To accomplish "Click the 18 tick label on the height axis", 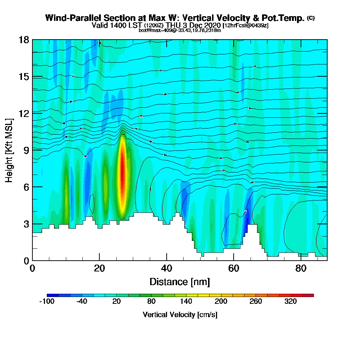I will [24, 40].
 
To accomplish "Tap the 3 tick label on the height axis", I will [26, 224].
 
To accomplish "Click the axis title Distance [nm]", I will [180, 282].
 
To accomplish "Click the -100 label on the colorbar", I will [46, 302].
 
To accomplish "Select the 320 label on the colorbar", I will [291, 302].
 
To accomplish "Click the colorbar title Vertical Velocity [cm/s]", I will [180, 315].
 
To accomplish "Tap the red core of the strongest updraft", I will [122, 173].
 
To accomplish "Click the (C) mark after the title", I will [311, 18].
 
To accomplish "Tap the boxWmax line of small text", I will [180, 30].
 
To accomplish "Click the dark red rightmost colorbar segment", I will [310, 295].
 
